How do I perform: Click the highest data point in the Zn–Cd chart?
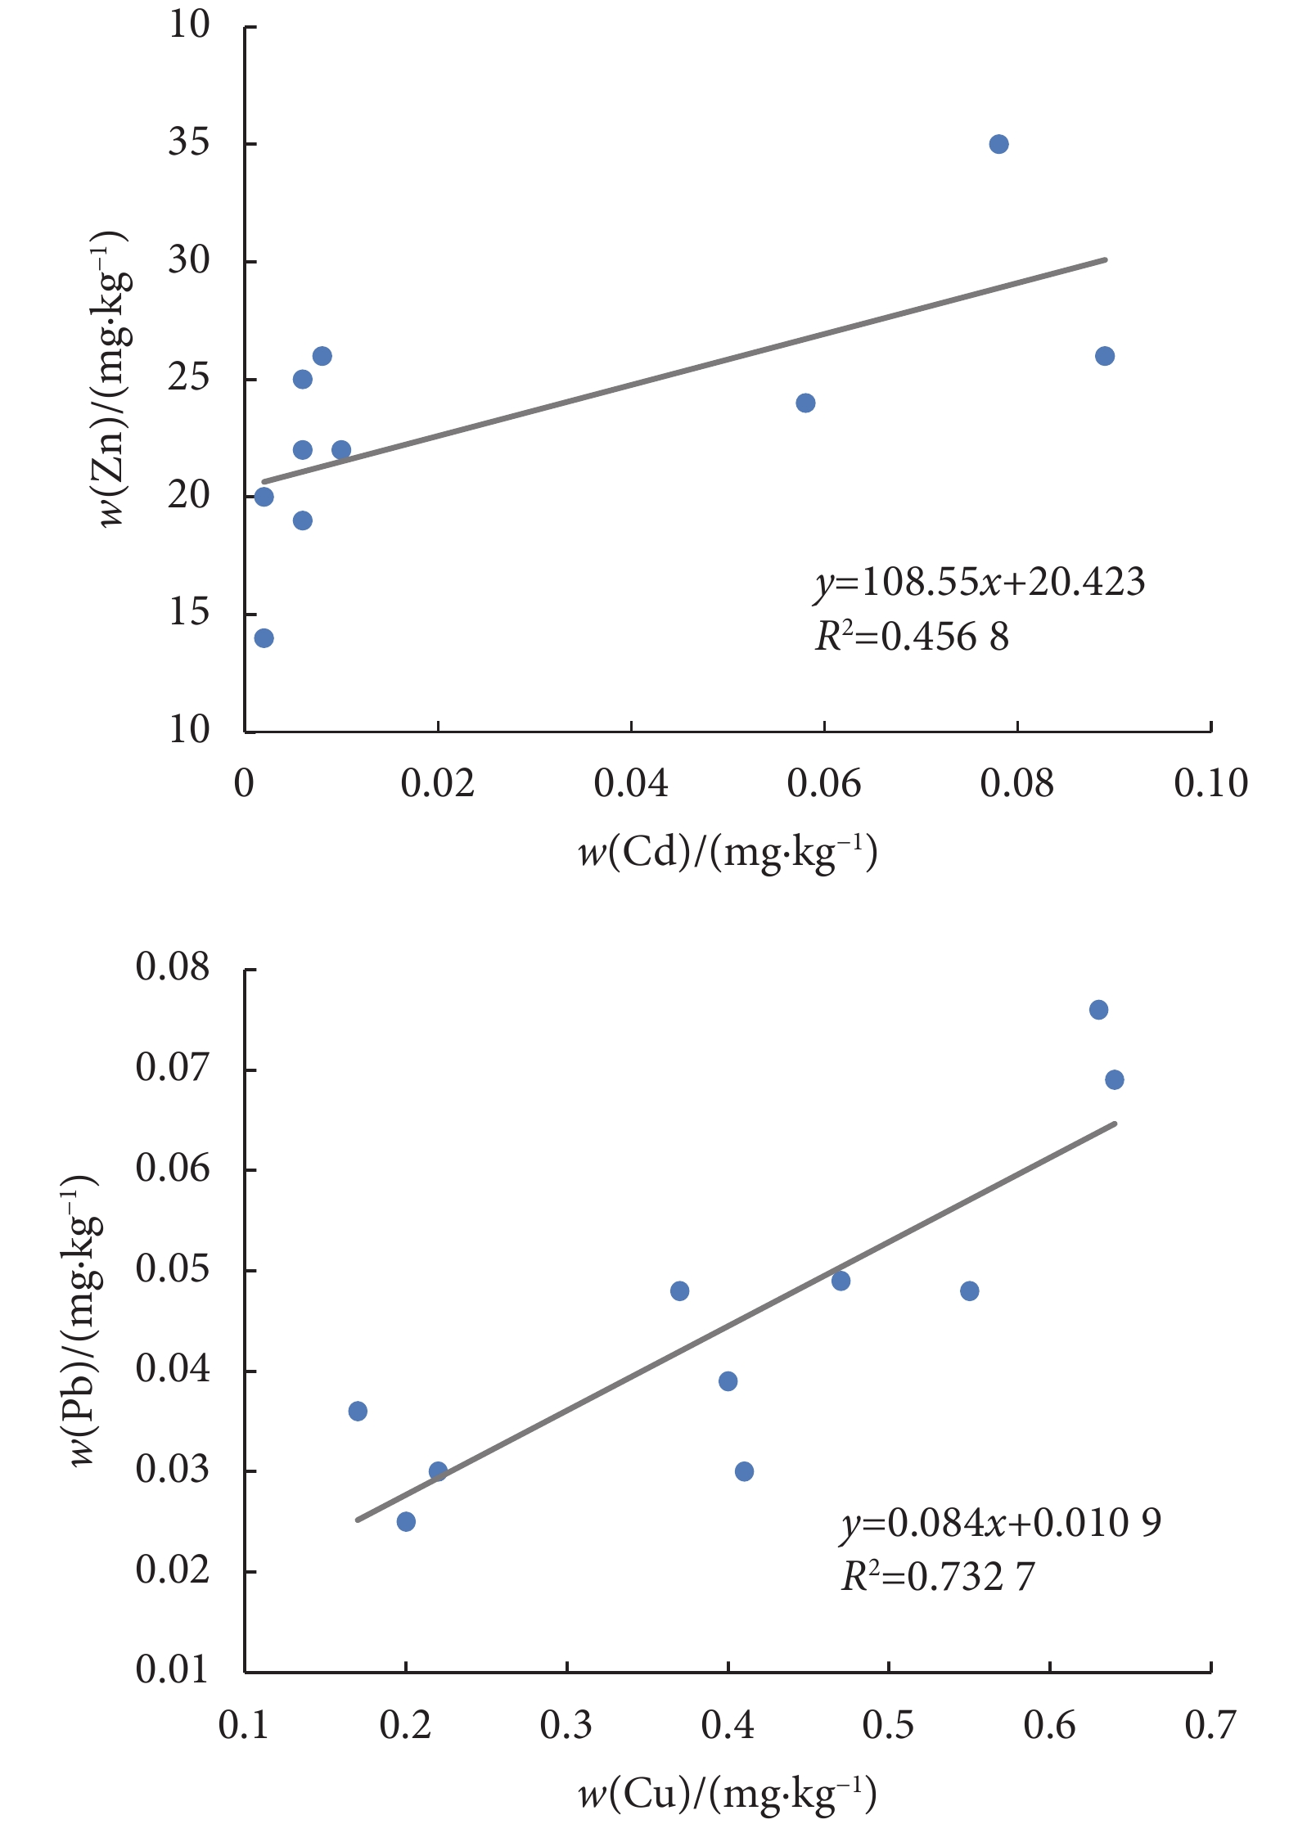pos(998,144)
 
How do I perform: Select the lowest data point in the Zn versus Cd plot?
pos(264,638)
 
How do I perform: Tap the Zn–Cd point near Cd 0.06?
pos(805,403)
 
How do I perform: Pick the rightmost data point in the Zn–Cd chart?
pos(1105,356)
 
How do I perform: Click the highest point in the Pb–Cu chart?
pos(1098,1010)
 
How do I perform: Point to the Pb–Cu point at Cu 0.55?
pos(969,1291)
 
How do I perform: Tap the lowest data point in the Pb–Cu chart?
pos(406,1521)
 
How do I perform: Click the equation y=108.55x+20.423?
pos(980,582)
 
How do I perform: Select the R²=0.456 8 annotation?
pos(912,637)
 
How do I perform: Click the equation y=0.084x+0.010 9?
pos(1001,1523)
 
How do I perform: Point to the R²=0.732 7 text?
pos(938,1577)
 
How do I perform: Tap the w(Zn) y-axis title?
pos(113,380)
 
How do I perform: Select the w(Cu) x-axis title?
pos(728,1794)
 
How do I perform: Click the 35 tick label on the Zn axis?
pos(189,143)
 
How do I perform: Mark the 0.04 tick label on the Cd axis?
pos(631,784)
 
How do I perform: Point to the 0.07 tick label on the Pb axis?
pos(173,1069)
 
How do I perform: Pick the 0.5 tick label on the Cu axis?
pos(888,1725)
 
